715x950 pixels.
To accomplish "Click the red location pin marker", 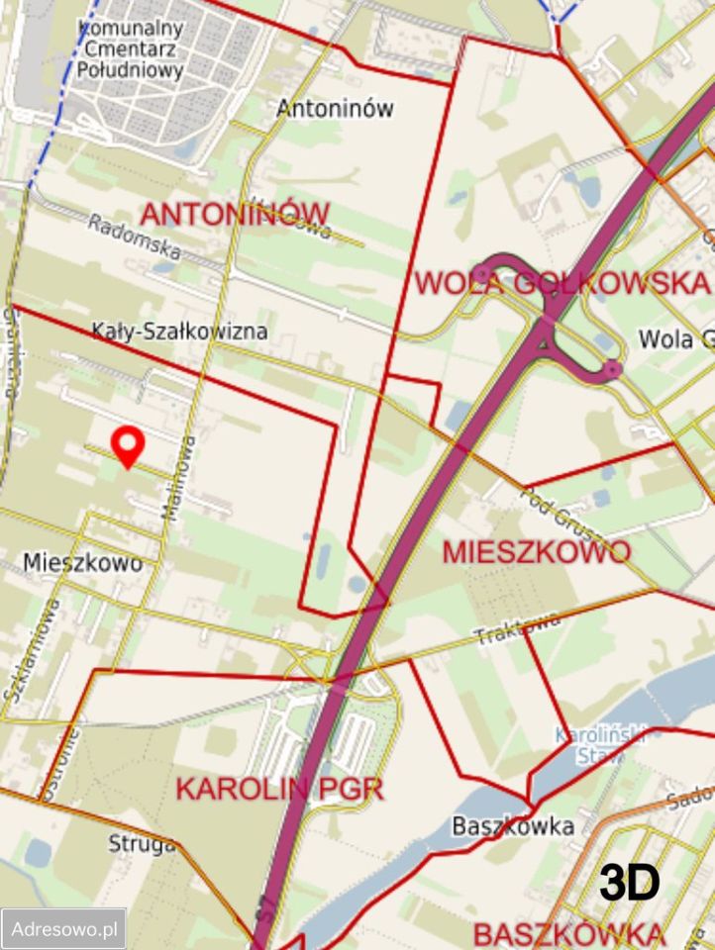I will [127, 446].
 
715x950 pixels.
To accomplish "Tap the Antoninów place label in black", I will [336, 108].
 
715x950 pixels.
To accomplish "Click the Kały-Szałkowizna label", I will [179, 331].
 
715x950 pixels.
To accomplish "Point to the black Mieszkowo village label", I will [82, 564].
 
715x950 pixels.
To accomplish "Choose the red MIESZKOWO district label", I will [536, 552].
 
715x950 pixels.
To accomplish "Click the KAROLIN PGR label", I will [279, 790].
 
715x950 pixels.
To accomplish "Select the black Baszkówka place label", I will [512, 826].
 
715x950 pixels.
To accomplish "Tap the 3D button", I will [630, 883].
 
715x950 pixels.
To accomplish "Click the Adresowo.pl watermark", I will [64, 929].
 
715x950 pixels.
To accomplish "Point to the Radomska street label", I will [133, 238].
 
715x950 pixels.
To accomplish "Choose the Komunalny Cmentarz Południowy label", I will [131, 47].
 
